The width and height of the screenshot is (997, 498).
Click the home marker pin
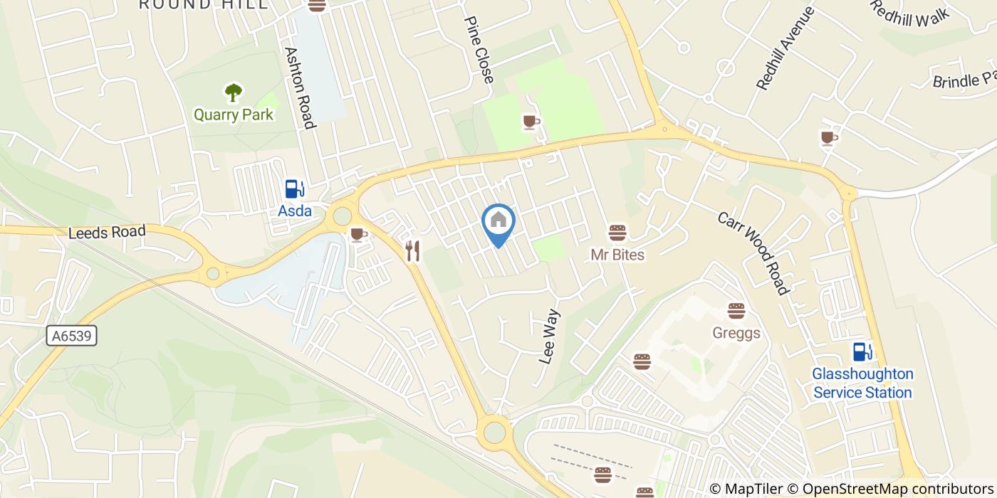coord(499,222)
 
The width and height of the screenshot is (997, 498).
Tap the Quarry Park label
coord(234,115)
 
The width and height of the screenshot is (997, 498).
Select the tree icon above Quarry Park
coord(233,92)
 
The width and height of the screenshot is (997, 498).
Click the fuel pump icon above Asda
coord(295,189)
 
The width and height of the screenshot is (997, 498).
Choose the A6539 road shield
coord(73,336)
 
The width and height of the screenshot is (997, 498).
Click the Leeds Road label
coord(108,232)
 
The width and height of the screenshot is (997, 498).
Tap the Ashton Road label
coord(300,88)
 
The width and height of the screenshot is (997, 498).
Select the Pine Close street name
coord(479,50)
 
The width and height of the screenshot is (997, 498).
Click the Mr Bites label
coord(617,255)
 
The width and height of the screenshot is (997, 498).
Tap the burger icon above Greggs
coord(736,311)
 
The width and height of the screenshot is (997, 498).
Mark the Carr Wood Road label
coord(753,253)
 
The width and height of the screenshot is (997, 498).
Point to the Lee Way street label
coord(550,337)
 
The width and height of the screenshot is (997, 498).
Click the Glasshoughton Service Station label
coord(862,383)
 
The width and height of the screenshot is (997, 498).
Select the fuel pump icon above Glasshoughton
coord(863,351)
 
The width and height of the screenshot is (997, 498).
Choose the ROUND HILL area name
coord(204,4)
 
